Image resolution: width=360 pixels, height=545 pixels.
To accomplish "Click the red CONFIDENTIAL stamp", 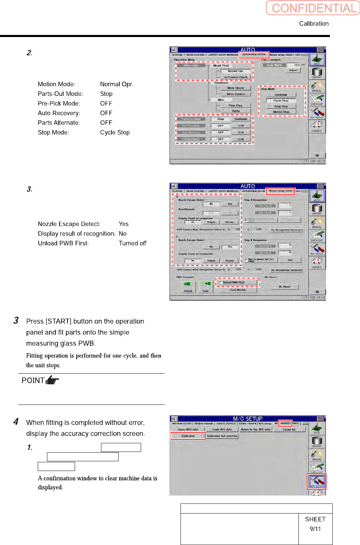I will (x=313, y=8).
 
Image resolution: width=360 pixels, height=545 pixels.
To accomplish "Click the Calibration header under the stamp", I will (x=314, y=24).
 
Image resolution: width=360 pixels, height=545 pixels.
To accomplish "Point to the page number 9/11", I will (x=315, y=529).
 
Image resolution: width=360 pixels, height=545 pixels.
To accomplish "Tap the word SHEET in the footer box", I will (x=315, y=519).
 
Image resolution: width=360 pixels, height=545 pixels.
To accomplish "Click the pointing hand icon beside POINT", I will (x=52, y=381).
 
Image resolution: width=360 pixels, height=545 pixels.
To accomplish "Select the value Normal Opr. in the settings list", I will (x=117, y=84).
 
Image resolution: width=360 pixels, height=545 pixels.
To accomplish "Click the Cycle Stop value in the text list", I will (x=115, y=133).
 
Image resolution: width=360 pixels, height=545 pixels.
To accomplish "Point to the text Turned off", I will (x=132, y=243).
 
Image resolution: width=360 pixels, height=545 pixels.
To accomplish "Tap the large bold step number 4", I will (x=16, y=422).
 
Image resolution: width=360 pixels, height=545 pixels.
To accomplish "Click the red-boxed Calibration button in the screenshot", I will (x=188, y=436).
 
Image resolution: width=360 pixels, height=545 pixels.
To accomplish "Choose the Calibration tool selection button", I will (x=222, y=436).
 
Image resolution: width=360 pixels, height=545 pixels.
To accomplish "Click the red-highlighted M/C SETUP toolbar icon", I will (x=316, y=481).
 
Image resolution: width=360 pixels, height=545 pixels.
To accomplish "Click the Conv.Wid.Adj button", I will (x=238, y=290).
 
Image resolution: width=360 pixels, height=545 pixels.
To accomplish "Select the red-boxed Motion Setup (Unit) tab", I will (x=280, y=191).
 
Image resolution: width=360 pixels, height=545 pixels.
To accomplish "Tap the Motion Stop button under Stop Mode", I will (x=281, y=112).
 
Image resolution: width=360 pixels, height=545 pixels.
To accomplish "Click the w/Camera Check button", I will (x=236, y=77).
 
